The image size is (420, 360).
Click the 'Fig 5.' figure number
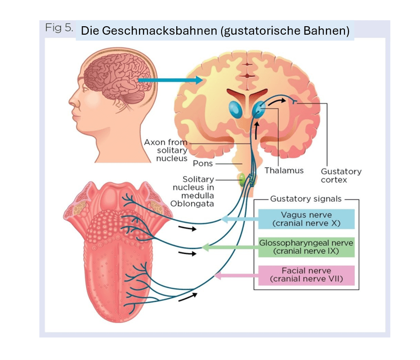click(59, 28)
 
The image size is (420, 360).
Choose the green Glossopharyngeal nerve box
click(306, 247)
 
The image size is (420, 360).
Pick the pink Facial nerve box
click(306, 275)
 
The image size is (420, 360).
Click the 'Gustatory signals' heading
click(306, 199)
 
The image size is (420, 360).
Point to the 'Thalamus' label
click(284, 170)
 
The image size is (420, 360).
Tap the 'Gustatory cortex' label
click(341, 175)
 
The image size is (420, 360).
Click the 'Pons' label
click(203, 164)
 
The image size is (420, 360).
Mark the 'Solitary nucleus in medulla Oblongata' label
click(193, 192)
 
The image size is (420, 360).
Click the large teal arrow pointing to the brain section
click(169, 80)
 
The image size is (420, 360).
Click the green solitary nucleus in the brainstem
click(242, 179)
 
